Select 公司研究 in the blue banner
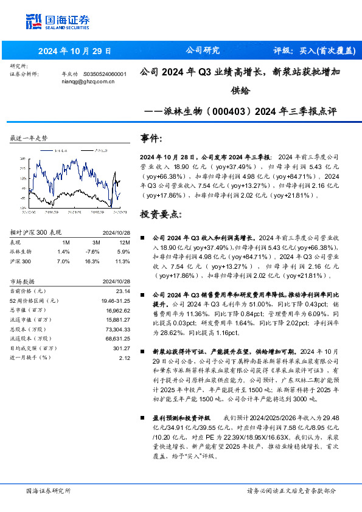[x=202, y=51]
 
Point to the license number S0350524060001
[x=104, y=74]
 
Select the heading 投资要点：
[x=159, y=215]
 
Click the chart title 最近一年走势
[x=29, y=139]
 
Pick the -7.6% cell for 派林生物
[x=92, y=251]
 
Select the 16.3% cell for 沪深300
[x=92, y=260]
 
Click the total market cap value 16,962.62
[x=118, y=310]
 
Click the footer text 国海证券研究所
[x=49, y=490]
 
